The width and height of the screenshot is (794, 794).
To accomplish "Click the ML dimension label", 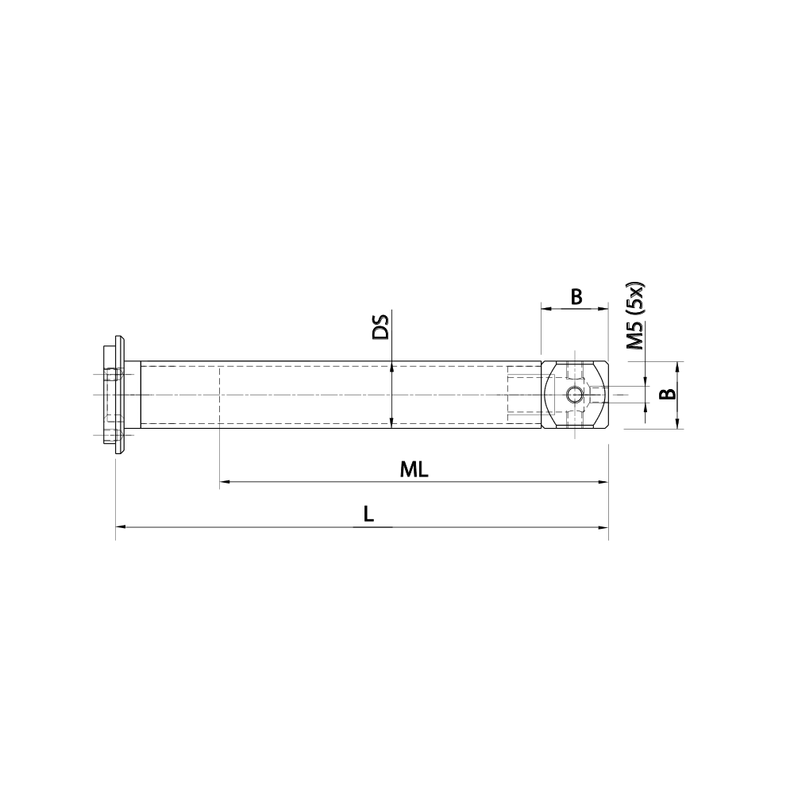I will point(414,469).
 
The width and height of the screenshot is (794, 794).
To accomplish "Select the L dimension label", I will point(368,515).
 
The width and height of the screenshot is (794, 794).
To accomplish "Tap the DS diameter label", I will point(382,328).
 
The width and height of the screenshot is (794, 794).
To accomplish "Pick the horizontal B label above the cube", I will point(576,297).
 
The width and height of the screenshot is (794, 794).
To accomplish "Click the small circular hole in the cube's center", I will point(574,395).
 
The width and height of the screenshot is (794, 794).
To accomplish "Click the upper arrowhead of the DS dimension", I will point(391,367).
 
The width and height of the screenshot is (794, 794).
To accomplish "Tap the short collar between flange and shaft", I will point(133,395).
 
